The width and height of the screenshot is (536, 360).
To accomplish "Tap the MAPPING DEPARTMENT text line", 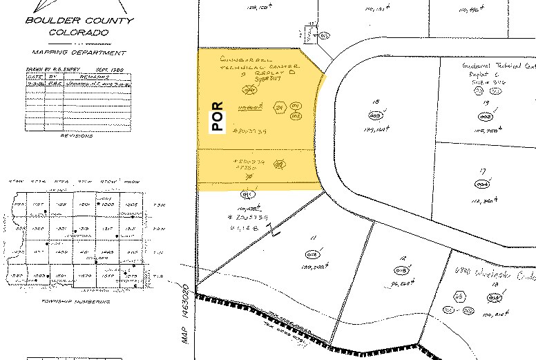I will (79, 53).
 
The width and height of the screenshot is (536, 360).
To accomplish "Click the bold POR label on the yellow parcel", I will (217, 117).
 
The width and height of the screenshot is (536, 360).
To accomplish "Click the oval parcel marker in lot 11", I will (312, 255).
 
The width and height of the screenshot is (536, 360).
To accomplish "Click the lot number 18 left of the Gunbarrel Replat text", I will (376, 102).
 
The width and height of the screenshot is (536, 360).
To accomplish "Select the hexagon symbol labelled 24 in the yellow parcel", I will (280, 108).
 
